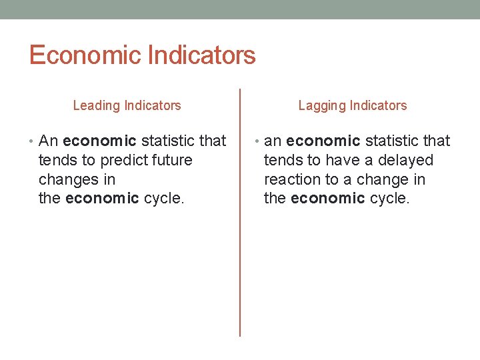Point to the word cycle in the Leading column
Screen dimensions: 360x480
point(163,199)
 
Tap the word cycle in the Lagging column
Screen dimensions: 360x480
point(388,199)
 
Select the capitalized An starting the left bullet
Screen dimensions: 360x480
point(49,141)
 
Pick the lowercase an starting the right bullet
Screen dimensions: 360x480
point(273,141)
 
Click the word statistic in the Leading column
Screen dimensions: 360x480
point(168,141)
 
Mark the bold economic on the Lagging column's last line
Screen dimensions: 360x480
point(328,199)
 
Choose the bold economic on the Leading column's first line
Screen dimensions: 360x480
point(99,141)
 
